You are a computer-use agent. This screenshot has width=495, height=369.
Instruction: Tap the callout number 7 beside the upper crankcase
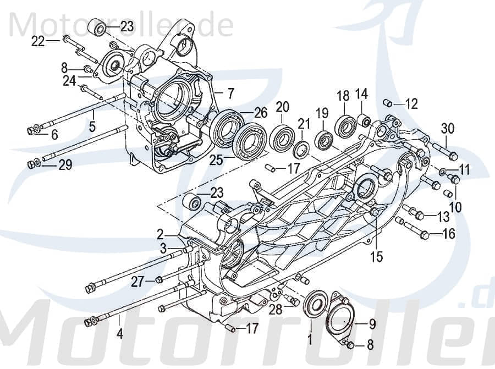point(231,92)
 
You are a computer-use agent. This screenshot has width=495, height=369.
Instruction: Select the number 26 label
point(261,113)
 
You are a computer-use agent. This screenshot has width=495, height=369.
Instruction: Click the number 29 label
point(65,165)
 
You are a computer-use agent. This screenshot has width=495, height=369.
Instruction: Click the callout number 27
point(137,282)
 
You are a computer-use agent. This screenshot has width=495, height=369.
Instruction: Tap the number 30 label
point(448,129)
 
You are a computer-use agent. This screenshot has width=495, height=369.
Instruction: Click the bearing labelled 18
point(345,126)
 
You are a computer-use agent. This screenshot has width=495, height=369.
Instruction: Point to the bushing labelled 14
point(363,119)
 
